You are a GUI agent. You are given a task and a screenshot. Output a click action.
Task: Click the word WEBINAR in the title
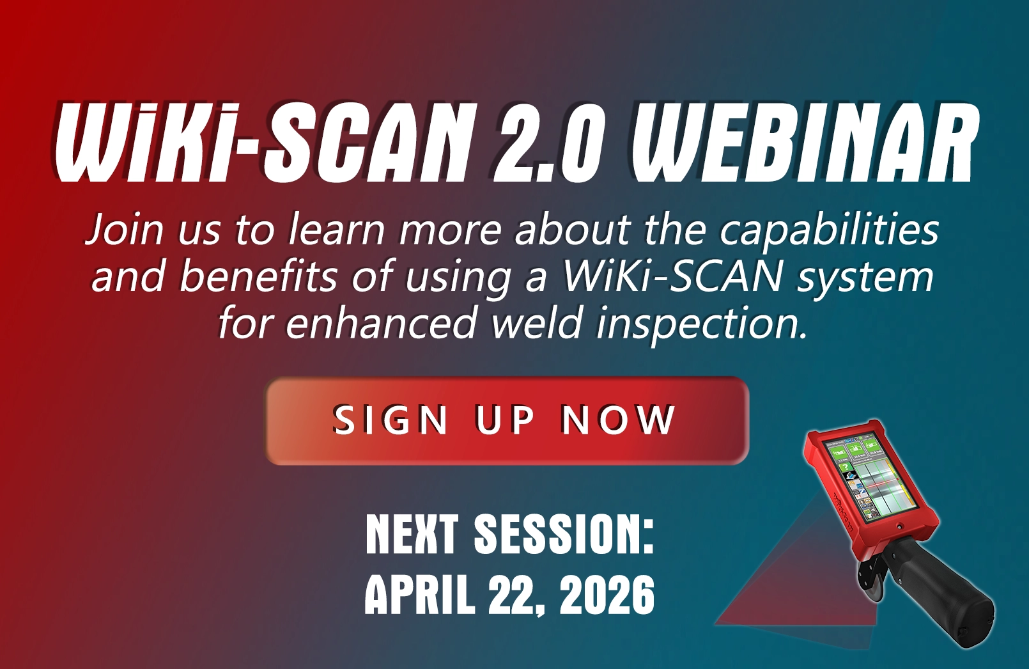click(x=810, y=143)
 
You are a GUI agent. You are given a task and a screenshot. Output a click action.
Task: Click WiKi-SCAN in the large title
click(x=257, y=143)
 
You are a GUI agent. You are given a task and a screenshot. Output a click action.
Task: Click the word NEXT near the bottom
click(x=413, y=534)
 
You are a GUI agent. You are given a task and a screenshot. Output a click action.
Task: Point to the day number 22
click(x=514, y=596)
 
